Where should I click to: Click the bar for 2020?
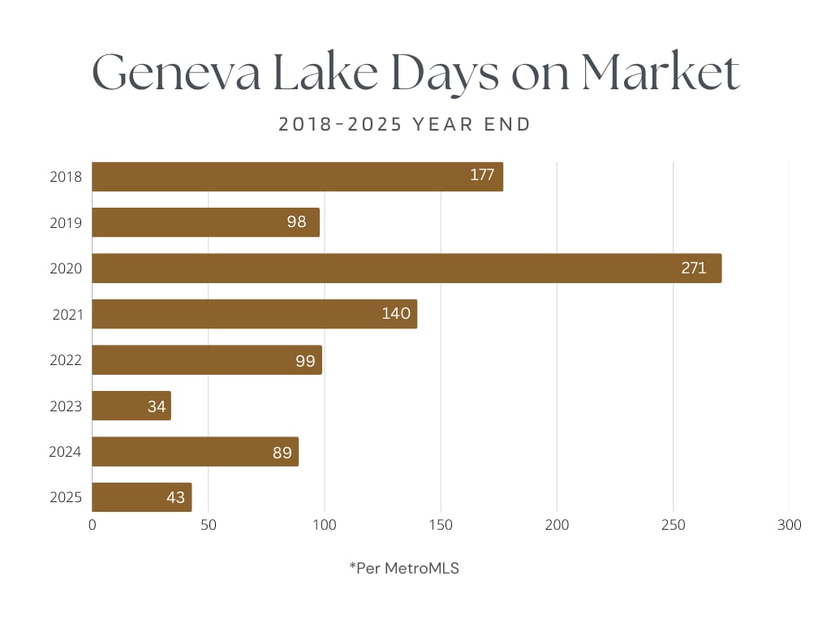tap(406, 269)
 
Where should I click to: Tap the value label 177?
tap(482, 175)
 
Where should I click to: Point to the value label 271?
tap(694, 269)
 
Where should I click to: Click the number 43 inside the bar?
tap(176, 497)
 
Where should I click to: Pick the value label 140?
tap(396, 314)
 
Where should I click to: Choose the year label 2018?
tap(66, 177)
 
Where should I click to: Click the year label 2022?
tap(66, 360)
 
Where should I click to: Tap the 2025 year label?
tap(66, 497)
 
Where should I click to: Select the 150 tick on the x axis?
tap(441, 526)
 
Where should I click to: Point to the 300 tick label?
tap(789, 526)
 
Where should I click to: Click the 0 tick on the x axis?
tap(93, 526)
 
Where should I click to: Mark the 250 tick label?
tap(673, 526)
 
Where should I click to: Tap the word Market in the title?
tap(660, 74)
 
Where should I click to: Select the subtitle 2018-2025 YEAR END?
tap(405, 125)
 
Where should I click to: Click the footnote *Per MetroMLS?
tap(404, 569)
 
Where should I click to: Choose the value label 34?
tap(157, 406)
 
